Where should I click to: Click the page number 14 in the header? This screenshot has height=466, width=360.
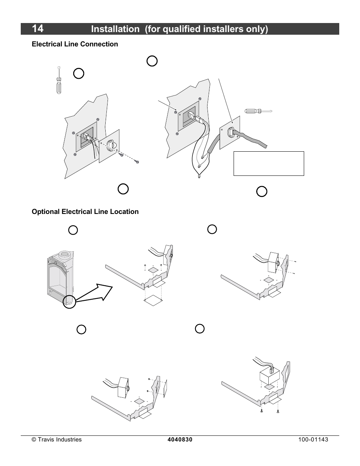click(37, 29)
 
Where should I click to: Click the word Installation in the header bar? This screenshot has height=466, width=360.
click(115, 29)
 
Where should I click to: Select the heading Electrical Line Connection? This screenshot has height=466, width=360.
click(75, 44)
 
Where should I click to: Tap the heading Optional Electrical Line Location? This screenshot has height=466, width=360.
click(85, 212)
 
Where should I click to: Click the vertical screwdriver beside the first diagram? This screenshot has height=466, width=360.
click(59, 80)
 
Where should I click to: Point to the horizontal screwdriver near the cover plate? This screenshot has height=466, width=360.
click(258, 111)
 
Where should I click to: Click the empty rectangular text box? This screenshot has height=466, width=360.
click(269, 164)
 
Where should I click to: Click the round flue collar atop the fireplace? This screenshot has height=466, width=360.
click(64, 255)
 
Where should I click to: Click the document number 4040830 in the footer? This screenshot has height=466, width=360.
click(180, 440)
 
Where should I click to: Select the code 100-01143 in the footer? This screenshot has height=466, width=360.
click(313, 440)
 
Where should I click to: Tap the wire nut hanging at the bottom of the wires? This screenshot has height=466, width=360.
click(199, 176)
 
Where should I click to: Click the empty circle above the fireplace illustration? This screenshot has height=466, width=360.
click(73, 230)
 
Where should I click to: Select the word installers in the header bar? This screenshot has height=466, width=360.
click(223, 29)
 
